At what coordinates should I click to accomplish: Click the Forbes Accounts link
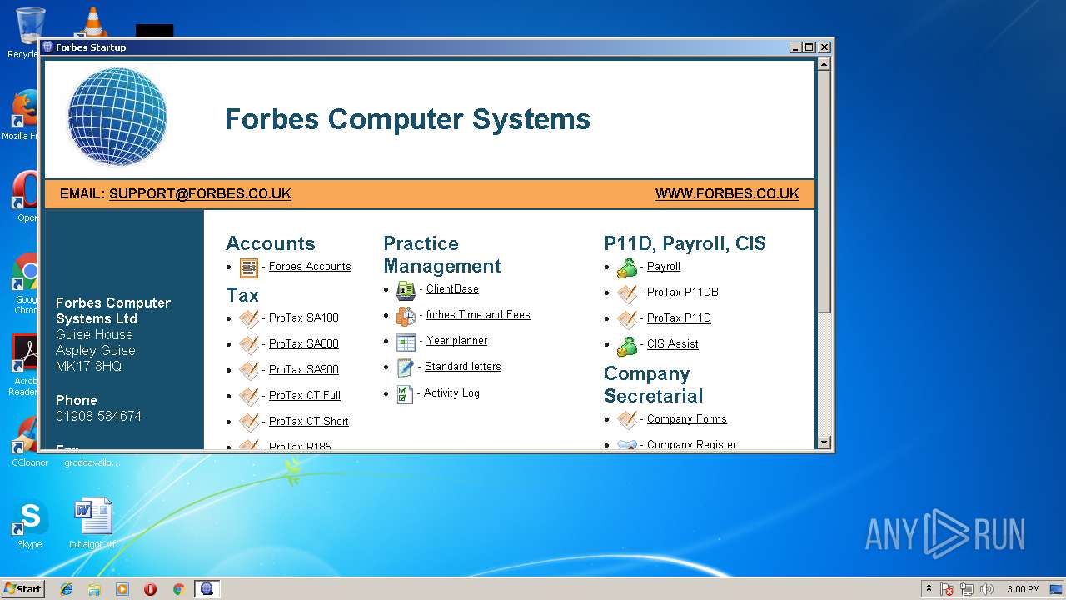coord(310,267)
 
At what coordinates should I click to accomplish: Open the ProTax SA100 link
coord(303,318)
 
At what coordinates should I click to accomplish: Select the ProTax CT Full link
coord(304,396)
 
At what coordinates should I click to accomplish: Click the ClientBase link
coord(452,289)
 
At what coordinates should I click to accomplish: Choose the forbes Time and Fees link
coord(478,315)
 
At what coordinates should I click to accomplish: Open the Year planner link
coord(456,341)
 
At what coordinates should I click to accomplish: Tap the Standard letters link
coord(462,367)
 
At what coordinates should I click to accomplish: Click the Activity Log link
coord(451,393)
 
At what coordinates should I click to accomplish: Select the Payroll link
coord(664,267)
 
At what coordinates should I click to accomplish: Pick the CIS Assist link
coord(672,344)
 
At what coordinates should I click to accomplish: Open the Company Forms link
coord(686,419)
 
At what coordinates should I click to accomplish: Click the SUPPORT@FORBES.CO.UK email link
coord(200,194)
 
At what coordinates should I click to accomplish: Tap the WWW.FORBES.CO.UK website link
coord(727,194)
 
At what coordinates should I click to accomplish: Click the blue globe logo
coord(117,117)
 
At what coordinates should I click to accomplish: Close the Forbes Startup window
coord(824,47)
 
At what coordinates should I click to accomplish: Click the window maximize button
coord(809,47)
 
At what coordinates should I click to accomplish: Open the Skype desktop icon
coord(29,520)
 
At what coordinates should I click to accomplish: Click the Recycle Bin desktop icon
coord(29,29)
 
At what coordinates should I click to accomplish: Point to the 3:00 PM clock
coord(1023,589)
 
